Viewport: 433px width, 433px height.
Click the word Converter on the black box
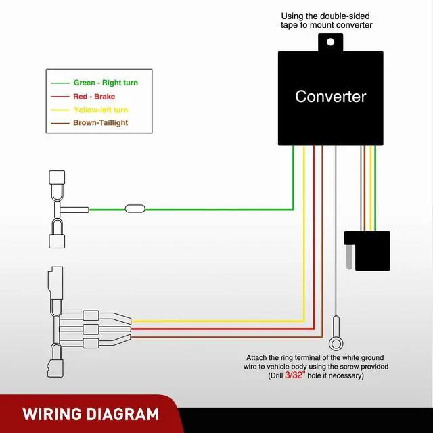[331, 97]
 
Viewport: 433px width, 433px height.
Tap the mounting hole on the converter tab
[330, 42]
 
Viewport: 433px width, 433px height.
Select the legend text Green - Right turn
[106, 83]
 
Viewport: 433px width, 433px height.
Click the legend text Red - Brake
[94, 97]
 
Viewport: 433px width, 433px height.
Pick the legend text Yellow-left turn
[101, 110]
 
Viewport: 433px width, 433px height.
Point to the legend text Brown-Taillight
[101, 122]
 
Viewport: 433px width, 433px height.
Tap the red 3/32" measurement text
[295, 375]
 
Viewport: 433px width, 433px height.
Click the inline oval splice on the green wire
[135, 209]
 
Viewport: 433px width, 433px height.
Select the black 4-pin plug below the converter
[367, 251]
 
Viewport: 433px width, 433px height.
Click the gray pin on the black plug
[349, 256]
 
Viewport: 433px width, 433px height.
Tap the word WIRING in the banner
[51, 415]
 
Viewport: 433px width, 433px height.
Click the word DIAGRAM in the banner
[122, 415]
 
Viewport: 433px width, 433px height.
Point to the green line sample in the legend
[60, 83]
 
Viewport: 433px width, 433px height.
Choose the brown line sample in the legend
[60, 123]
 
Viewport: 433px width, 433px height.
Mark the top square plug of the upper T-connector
[57, 177]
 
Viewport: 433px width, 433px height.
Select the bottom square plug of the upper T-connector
[57, 241]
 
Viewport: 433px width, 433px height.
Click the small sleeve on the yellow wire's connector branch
[91, 315]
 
